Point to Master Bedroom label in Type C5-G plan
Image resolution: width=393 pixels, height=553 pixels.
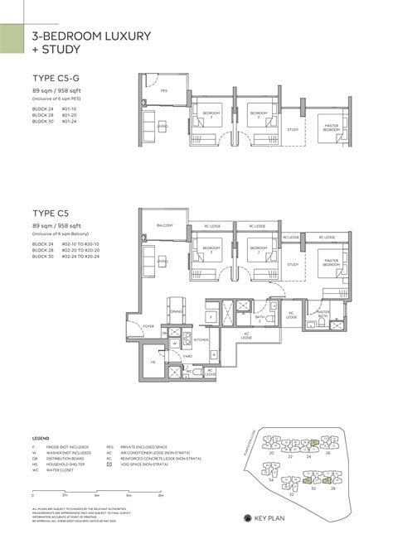331,128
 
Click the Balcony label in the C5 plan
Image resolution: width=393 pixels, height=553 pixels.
165,225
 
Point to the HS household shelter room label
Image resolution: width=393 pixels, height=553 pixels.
153,362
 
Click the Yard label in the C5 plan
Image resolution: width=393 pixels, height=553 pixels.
189,357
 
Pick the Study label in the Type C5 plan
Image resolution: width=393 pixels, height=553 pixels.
292,264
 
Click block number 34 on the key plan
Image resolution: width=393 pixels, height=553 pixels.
270,479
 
